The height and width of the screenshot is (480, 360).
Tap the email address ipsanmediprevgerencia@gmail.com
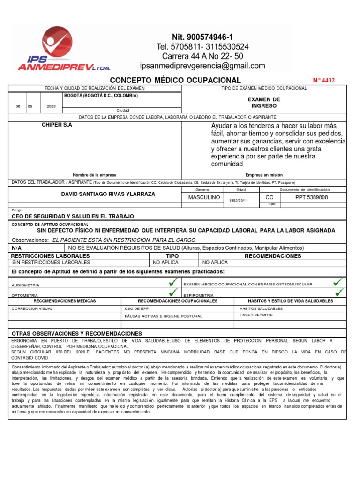[202, 66]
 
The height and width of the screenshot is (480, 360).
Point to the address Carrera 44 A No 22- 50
[202, 56]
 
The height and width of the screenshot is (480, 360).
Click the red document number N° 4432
[323, 80]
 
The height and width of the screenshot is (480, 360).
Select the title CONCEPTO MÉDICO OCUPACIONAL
[175, 80]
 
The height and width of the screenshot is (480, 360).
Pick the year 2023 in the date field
[51, 106]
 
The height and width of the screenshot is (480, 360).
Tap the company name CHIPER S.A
[57, 125]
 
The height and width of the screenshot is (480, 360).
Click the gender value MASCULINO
[204, 197]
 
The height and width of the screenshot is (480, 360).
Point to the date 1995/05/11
[239, 200]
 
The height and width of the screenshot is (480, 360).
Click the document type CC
[270, 197]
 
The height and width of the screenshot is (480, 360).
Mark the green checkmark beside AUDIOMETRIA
[173, 282]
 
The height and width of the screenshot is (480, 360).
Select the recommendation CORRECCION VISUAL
[32, 309]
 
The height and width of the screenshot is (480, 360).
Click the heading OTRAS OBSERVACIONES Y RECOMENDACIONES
[76, 333]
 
